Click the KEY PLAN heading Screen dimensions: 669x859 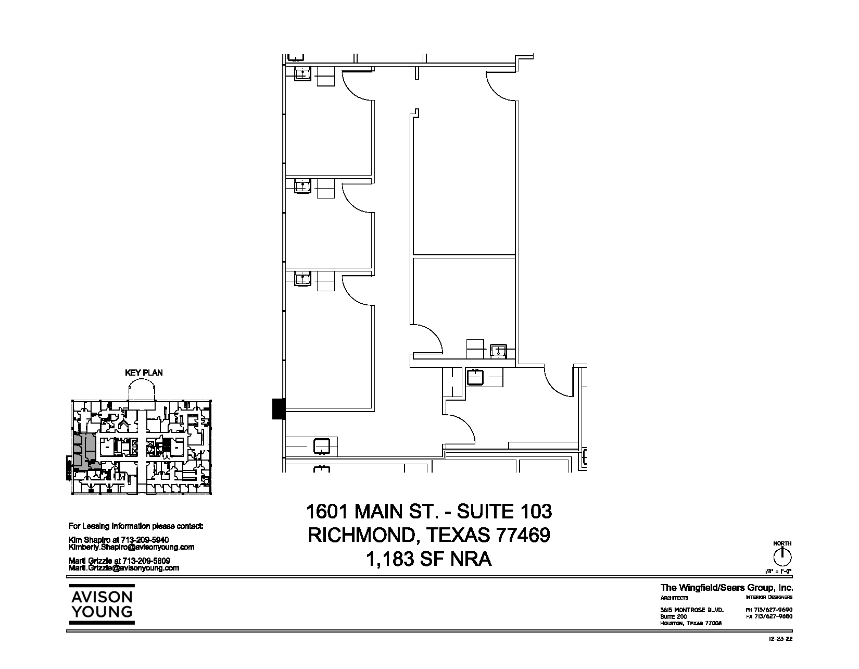pos(144,373)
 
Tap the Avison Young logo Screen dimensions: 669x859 pos(102,604)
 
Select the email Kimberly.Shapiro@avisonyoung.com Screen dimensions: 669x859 pos(132,547)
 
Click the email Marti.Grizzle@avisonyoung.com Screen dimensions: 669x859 pos(124,568)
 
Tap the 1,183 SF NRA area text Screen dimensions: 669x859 pos(429,559)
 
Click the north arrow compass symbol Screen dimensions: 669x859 pos(781,557)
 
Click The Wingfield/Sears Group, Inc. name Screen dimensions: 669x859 pos(727,588)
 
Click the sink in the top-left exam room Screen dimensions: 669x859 pos(302,73)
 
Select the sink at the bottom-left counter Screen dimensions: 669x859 pos(321,446)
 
